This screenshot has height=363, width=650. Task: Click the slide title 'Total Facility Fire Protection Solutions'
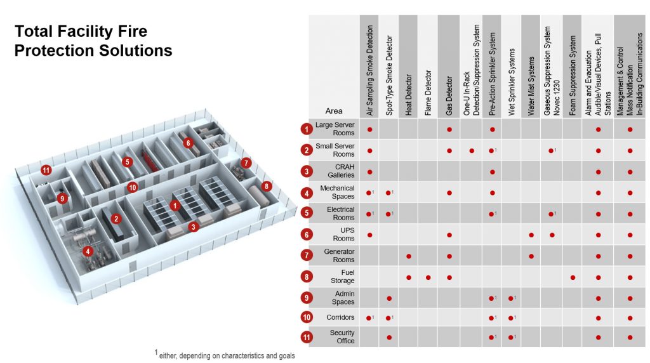(93, 41)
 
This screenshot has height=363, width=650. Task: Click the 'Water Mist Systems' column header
(531, 86)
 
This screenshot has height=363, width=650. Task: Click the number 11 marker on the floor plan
(46, 170)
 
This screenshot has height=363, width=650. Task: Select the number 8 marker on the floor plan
(267, 187)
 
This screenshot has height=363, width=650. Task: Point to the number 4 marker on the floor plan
(88, 251)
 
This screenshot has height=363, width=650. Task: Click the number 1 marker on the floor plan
(174, 205)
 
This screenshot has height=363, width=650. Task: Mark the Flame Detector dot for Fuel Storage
(428, 277)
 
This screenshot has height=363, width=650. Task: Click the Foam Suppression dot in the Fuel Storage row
(573, 277)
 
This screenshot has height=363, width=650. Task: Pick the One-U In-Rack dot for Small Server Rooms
(472, 150)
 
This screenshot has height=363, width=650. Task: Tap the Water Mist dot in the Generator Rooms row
(531, 256)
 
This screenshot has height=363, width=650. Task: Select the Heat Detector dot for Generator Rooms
(409, 256)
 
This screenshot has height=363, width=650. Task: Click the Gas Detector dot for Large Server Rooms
(449, 129)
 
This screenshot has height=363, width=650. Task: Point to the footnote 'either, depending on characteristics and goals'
(225, 355)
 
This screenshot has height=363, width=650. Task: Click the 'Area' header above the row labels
(334, 111)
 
